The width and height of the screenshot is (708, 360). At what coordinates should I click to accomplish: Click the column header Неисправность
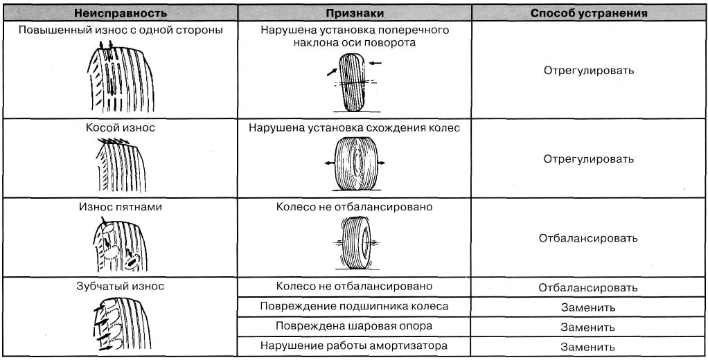point(121,13)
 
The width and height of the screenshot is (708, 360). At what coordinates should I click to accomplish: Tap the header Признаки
point(355,13)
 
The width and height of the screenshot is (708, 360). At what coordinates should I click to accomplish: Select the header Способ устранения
point(589,13)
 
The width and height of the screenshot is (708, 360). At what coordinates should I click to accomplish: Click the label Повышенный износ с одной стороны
point(121,30)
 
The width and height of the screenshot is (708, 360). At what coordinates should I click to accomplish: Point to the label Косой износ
point(121,127)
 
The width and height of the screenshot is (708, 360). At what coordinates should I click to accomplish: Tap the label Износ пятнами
point(121,207)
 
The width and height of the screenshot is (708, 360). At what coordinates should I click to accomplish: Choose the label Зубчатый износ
point(121,286)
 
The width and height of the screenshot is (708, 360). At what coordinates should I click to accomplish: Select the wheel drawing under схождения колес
point(355,164)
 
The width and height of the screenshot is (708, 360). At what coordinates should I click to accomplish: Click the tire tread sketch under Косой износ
point(121,165)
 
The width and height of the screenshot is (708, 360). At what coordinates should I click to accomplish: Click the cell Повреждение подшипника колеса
point(355,306)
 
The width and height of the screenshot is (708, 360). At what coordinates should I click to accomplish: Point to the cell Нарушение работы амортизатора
point(355,345)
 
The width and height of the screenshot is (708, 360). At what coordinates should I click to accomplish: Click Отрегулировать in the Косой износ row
point(589,159)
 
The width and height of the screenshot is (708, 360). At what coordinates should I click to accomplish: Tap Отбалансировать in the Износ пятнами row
point(588,238)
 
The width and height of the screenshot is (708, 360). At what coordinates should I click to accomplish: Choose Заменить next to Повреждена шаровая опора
point(588,327)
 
